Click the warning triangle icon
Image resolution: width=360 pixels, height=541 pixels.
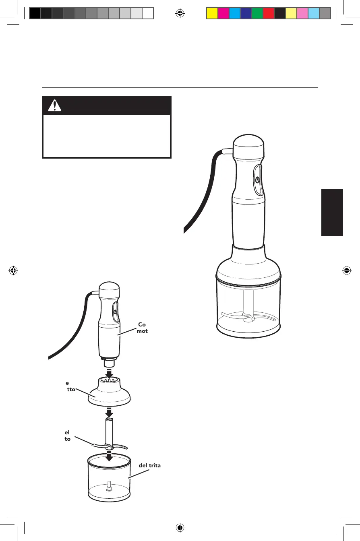tap(53, 105)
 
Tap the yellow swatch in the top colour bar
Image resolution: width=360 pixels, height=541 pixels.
tap(212, 14)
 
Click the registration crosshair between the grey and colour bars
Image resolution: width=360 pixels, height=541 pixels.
tap(180, 14)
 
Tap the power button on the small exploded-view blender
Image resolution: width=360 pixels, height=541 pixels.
tap(115, 312)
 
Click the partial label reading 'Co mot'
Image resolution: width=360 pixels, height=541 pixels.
tap(142, 328)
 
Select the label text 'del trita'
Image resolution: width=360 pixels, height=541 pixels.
tap(150, 465)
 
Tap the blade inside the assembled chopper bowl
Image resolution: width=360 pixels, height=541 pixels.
tap(248, 316)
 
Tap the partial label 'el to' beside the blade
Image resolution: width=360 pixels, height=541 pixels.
tap(67, 435)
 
